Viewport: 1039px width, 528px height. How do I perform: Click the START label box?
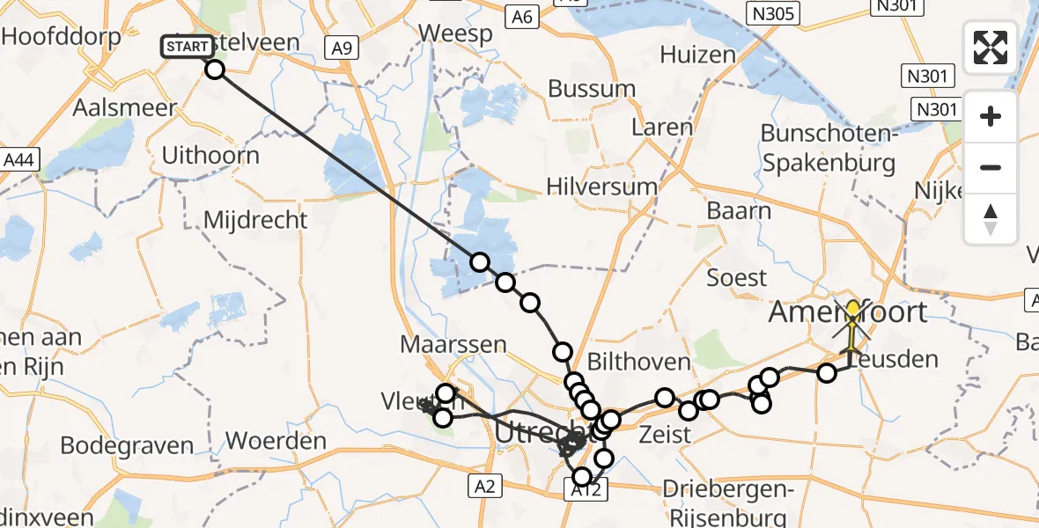[188, 47]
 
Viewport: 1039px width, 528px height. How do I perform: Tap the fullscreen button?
[991, 48]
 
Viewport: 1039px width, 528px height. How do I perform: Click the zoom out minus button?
[991, 167]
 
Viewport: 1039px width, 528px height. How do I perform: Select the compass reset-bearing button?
[991, 219]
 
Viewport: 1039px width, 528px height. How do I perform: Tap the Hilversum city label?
[601, 187]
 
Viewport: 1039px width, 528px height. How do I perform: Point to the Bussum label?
[592, 89]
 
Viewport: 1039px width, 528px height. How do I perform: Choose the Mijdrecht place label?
[256, 219]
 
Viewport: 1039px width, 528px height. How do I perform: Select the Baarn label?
[739, 211]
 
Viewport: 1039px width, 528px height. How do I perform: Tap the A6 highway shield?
[522, 17]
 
